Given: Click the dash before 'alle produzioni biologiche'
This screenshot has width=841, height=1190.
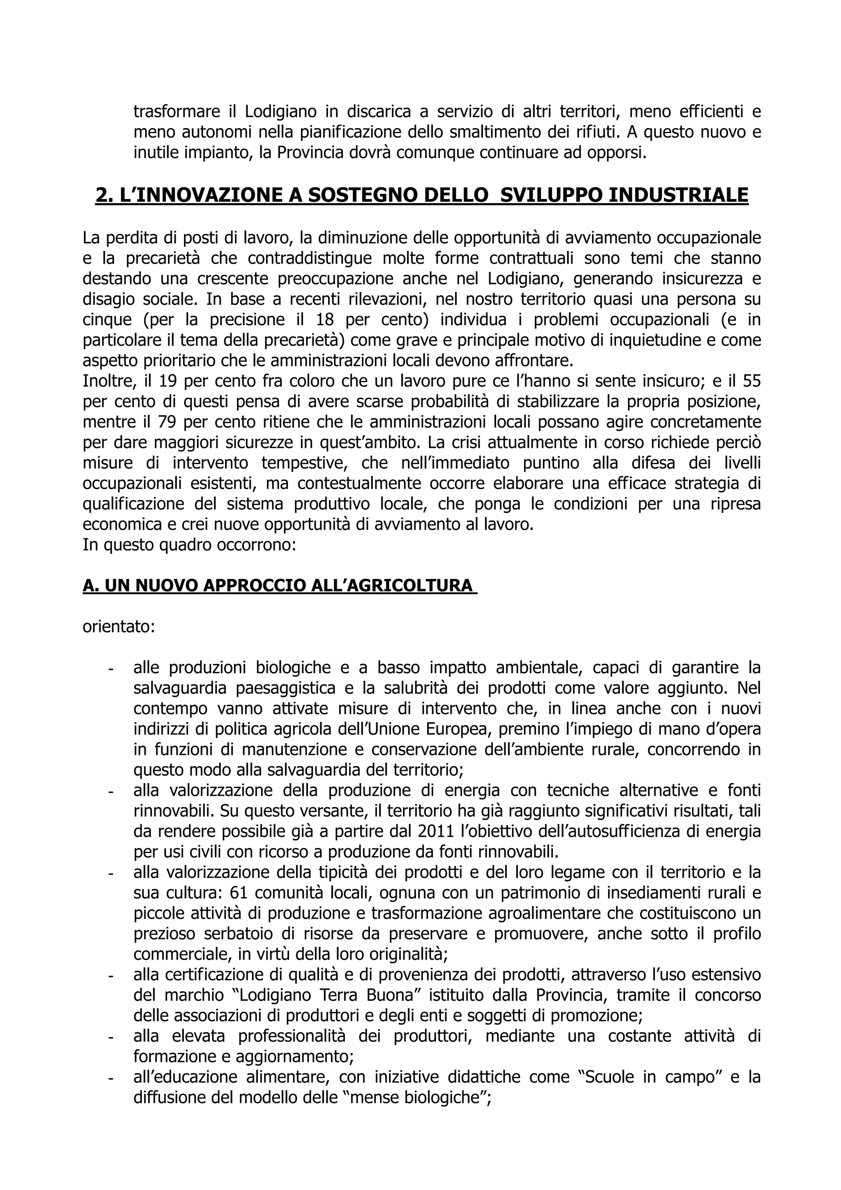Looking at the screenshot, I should pos(110,669).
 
